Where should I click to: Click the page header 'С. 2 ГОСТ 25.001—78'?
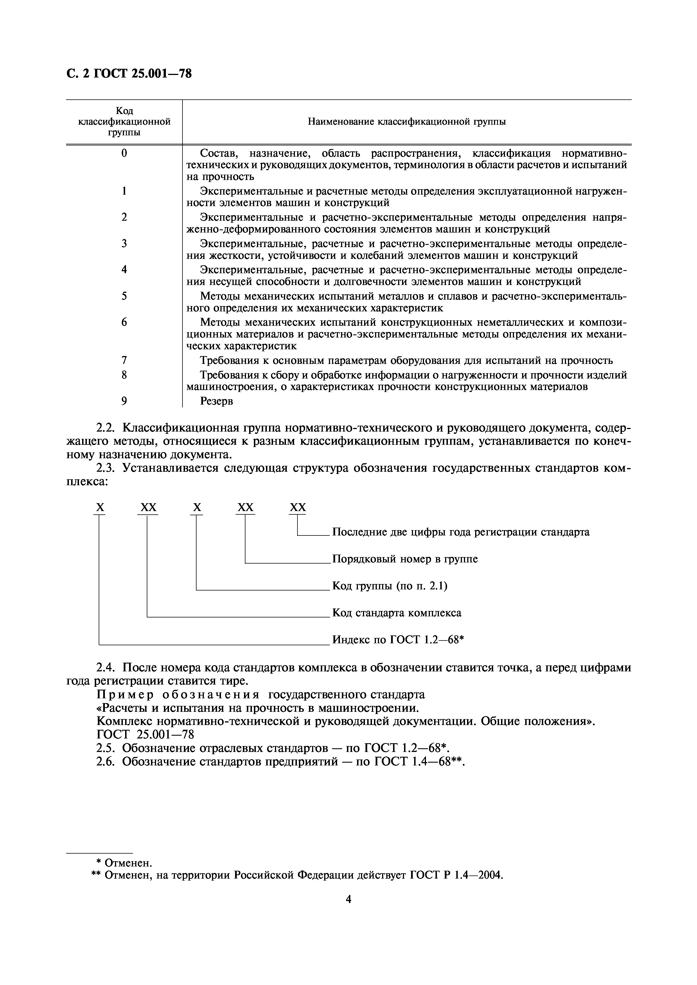[x=129, y=74]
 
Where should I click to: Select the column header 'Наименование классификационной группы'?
[x=406, y=122]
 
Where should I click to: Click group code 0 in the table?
[x=124, y=153]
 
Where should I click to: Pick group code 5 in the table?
[x=124, y=296]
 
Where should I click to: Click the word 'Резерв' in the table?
[x=216, y=401]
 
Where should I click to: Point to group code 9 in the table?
[x=124, y=401]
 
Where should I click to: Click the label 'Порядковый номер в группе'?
[x=405, y=559]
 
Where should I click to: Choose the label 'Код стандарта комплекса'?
[x=397, y=613]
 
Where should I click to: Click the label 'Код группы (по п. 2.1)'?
[x=389, y=586]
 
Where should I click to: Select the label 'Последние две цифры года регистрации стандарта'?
[x=461, y=532]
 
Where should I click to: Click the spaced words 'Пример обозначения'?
[x=178, y=695]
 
